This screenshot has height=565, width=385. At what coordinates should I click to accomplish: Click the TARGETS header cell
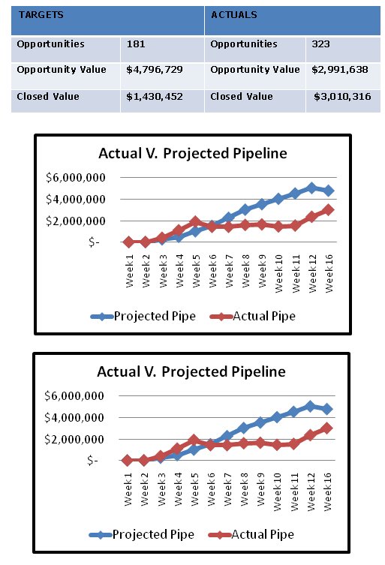coord(107,20)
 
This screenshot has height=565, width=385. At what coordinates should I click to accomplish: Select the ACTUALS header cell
coord(293,20)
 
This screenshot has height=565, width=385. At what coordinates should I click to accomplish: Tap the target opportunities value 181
coord(136,44)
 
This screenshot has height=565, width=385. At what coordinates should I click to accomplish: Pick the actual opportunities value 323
coord(320,44)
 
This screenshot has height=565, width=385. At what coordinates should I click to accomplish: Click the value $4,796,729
coord(155,70)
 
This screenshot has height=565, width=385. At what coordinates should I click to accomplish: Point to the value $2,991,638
coord(339,70)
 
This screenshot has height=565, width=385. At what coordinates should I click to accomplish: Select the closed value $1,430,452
coord(155,97)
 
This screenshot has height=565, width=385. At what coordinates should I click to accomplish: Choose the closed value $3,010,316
coord(342,97)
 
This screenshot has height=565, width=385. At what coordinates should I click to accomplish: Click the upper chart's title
coord(193,153)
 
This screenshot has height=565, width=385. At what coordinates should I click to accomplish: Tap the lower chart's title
coord(191,371)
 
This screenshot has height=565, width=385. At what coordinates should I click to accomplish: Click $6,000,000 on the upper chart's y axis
coord(76,177)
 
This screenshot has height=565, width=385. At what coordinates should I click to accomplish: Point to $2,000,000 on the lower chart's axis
coord(74,439)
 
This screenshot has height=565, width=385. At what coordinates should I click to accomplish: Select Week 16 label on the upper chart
coord(329,273)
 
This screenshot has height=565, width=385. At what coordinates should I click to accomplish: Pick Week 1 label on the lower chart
coord(128,489)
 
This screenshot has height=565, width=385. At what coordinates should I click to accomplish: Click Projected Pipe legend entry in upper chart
coord(143,316)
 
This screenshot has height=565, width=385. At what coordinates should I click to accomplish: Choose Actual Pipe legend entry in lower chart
coord(251,534)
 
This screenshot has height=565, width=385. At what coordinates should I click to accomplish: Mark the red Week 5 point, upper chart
coord(195,221)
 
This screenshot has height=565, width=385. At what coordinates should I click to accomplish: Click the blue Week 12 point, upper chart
coord(311,188)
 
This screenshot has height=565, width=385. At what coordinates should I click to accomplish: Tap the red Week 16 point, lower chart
coord(327,428)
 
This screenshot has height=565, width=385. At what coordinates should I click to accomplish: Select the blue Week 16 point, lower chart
coord(327,409)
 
